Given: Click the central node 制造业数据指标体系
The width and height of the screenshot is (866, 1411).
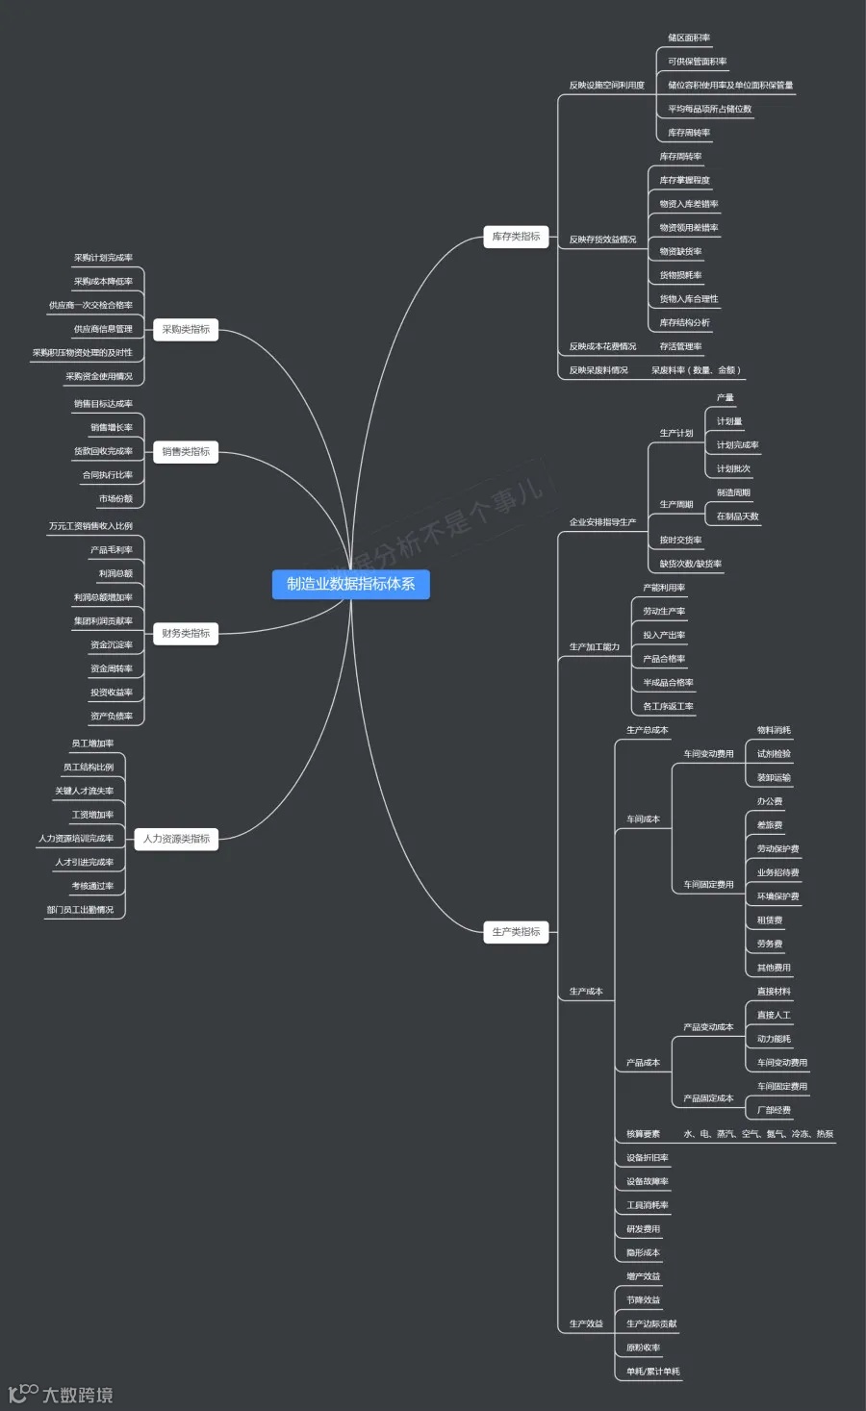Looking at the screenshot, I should pos(350,584).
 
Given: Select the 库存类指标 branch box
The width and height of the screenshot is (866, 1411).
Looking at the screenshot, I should pos(516,237).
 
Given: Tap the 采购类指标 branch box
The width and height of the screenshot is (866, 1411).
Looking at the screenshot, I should pos(186,330).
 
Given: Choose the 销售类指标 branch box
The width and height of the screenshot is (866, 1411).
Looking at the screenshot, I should pos(186,452).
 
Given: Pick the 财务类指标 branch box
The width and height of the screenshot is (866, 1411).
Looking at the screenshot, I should pos(186,634).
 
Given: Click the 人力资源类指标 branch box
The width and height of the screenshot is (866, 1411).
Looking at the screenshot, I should pos(176,839).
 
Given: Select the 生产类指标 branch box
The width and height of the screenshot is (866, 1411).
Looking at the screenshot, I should pos(516,932).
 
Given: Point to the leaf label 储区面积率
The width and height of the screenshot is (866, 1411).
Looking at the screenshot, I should pos(689,38).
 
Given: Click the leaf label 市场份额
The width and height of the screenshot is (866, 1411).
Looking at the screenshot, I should pos(115,499).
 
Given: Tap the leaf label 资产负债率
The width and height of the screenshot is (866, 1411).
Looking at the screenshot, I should pos(112,717).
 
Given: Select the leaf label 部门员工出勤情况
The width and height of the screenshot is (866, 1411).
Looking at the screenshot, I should pos(80,910).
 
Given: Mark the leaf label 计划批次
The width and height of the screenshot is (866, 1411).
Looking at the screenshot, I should pos(733,469).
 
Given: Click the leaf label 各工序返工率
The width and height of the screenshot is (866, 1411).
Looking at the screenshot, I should pos(668,707).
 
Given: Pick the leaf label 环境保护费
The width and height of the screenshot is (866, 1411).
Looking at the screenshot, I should pos(777,896).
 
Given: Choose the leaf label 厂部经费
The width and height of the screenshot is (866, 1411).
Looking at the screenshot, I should pos(774,1110).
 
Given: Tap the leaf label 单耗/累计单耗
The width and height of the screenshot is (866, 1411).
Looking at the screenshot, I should pos(652,1372).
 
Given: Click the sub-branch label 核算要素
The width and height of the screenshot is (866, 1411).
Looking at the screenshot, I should pos(643,1134).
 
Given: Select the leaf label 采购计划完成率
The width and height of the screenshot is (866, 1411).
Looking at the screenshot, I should pos(103,258).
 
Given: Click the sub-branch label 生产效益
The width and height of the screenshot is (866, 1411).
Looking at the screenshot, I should pos(586,1324).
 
